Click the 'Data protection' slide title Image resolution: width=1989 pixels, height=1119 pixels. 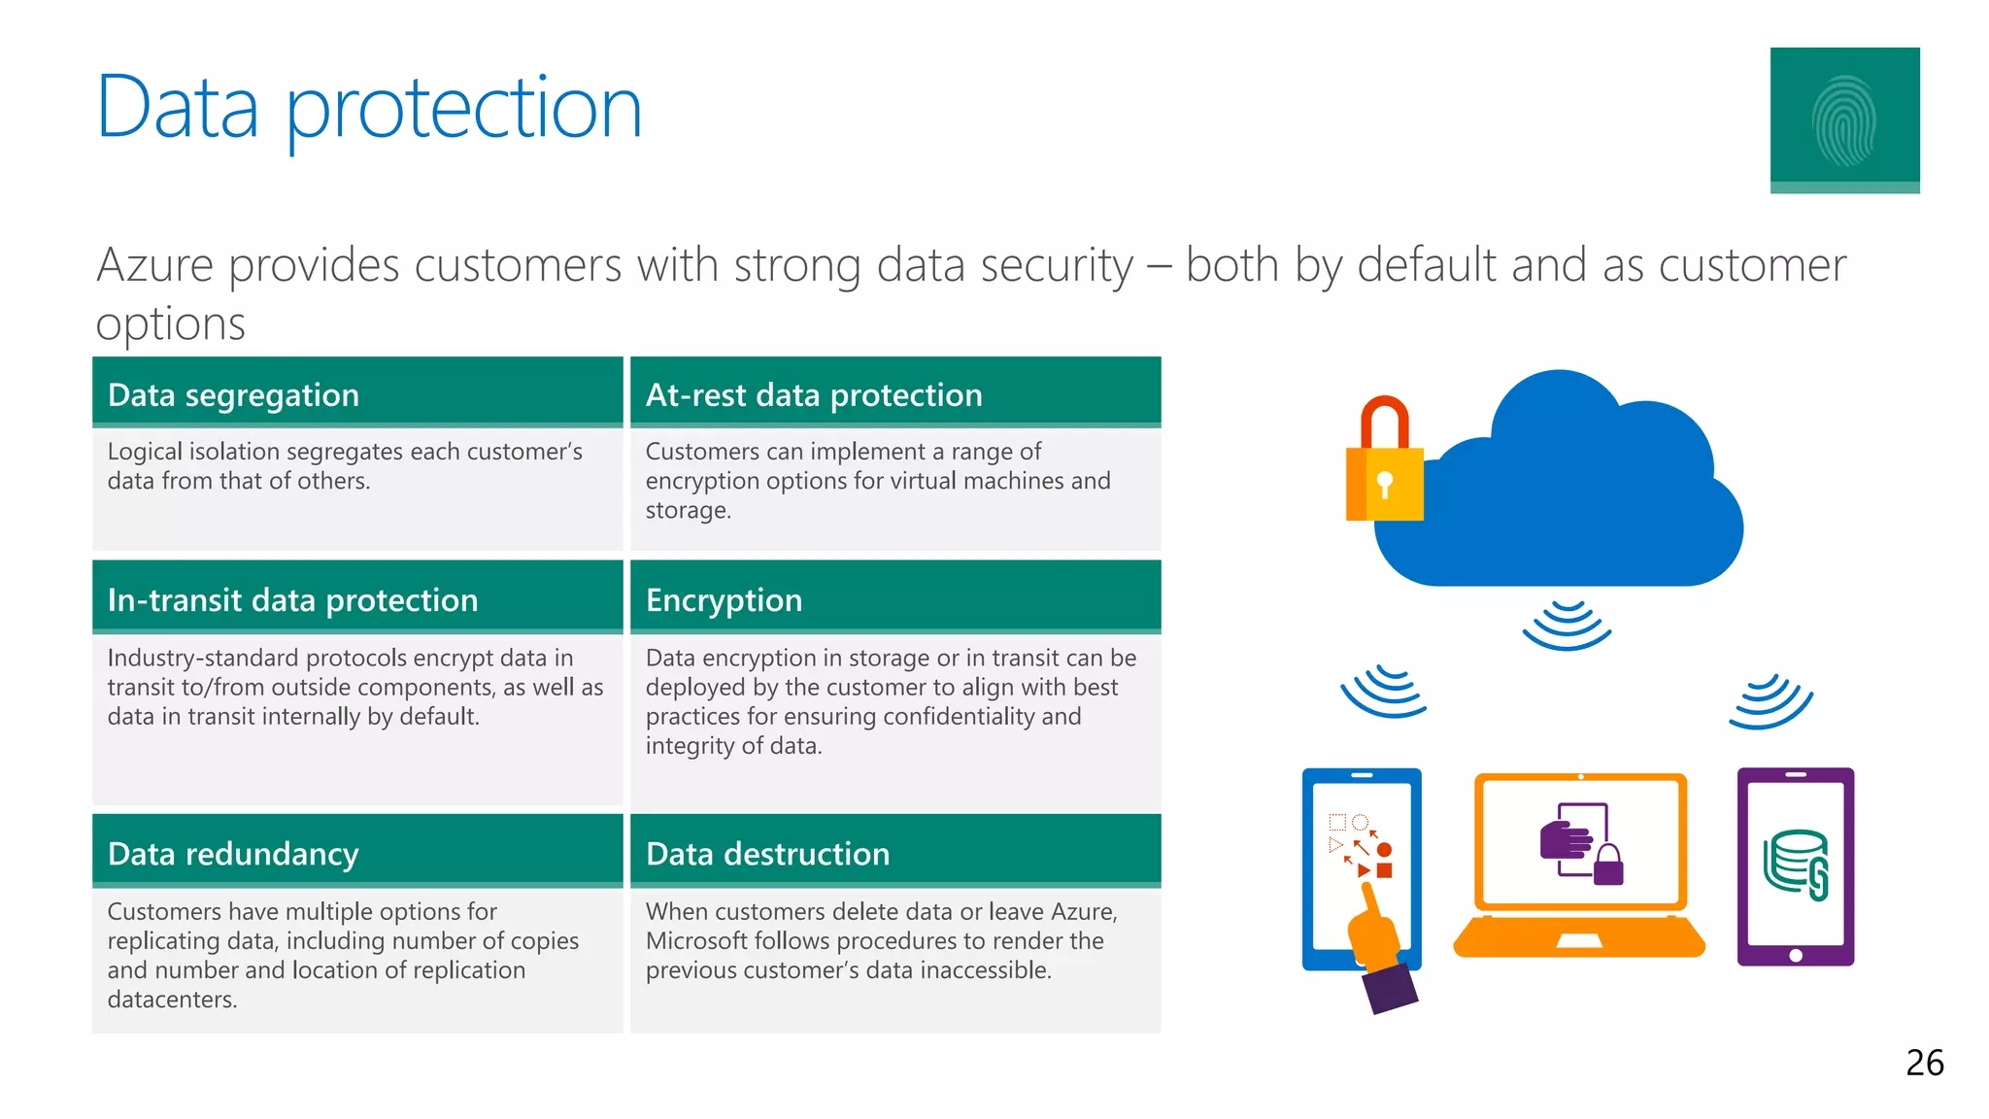(x=369, y=108)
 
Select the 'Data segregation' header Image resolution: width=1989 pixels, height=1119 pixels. (x=233, y=395)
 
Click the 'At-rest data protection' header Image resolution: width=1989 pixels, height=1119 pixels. (x=814, y=395)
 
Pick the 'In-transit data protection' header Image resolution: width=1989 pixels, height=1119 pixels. (x=292, y=600)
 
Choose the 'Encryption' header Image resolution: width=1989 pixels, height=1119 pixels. (x=724, y=600)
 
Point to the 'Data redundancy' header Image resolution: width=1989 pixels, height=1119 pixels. (x=233, y=854)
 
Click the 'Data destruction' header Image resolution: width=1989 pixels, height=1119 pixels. (x=767, y=854)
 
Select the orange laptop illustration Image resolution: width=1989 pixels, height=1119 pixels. (x=1579, y=865)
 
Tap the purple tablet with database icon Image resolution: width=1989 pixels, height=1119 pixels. (x=1795, y=866)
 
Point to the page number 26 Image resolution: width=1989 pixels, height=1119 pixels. (x=1924, y=1063)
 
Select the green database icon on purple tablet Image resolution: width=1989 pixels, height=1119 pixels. (x=1796, y=863)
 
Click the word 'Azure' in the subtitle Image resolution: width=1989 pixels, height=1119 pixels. (x=154, y=265)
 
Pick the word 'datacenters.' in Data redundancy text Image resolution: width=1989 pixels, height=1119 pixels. (x=172, y=1000)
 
